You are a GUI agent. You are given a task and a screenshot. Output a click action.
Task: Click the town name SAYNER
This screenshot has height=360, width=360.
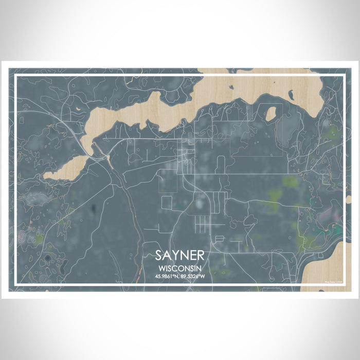[x=180, y=256]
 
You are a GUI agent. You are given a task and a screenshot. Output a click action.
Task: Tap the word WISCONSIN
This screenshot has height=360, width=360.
[x=180, y=268]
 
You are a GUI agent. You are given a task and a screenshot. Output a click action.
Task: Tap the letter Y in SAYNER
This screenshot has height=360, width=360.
[x=176, y=256]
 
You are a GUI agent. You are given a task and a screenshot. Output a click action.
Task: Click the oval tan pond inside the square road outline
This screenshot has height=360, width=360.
[x=271, y=114]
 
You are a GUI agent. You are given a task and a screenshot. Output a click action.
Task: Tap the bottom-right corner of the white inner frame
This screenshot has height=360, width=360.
[x=343, y=284]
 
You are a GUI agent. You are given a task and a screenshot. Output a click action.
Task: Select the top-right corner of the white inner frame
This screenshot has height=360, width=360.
[x=343, y=76]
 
